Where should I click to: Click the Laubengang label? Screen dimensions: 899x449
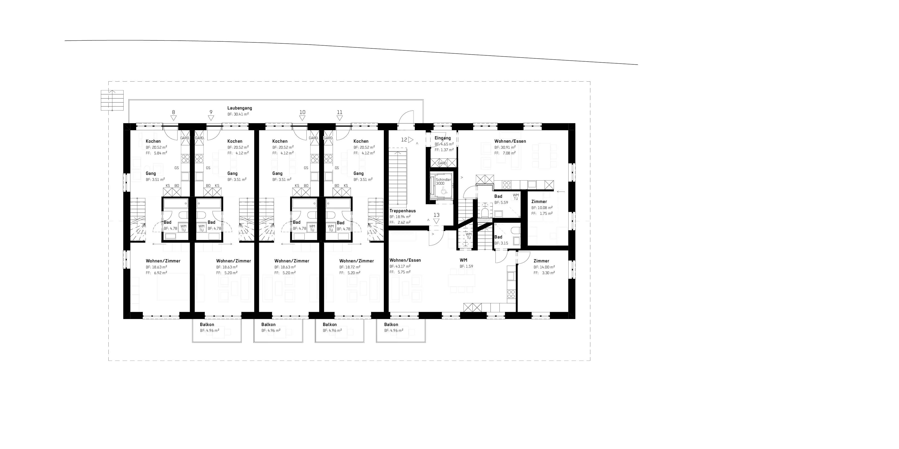click(x=239, y=108)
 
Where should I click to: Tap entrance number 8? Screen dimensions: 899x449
click(x=174, y=112)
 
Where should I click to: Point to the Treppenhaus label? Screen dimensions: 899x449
click(x=402, y=211)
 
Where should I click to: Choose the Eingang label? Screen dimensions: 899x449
click(x=443, y=138)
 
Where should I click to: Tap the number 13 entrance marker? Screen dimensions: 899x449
click(x=437, y=215)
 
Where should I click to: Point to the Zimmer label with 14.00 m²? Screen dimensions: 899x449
click(x=541, y=261)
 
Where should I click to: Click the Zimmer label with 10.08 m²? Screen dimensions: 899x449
click(x=539, y=202)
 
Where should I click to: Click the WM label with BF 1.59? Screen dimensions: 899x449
click(x=463, y=260)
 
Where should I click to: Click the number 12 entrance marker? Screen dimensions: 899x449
click(x=404, y=140)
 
